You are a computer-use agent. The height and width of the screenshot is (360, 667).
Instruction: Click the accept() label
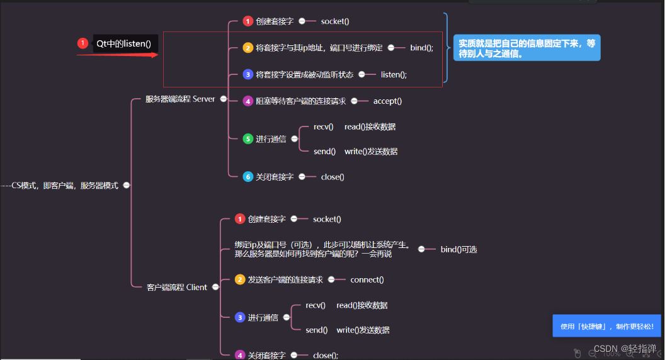pyautogui.click(x=387, y=101)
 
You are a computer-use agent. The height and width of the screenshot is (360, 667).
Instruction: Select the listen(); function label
pyautogui.click(x=394, y=74)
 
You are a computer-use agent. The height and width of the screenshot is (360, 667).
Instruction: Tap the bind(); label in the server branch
pyautogui.click(x=421, y=48)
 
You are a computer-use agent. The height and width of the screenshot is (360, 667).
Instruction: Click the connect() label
pyautogui.click(x=367, y=279)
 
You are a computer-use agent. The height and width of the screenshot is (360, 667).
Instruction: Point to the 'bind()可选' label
pyautogui.click(x=459, y=249)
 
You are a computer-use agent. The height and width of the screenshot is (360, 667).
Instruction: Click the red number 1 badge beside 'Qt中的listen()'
pyautogui.click(x=83, y=43)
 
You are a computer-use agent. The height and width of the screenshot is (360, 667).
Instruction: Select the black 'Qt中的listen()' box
pyautogui.click(x=124, y=43)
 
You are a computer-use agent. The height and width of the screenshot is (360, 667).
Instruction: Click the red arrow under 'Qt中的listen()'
pyautogui.click(x=117, y=55)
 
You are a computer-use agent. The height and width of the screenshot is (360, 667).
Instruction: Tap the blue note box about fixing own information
pyautogui.click(x=527, y=48)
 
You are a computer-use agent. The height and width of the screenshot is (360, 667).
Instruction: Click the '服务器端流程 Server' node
pyautogui.click(x=180, y=99)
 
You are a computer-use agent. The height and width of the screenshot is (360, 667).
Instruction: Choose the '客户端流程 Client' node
pyautogui.click(x=177, y=287)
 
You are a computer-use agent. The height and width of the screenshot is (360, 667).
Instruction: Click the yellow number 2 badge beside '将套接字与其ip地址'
pyautogui.click(x=248, y=48)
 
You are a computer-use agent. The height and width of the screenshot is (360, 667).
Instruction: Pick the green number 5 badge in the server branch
pyautogui.click(x=248, y=139)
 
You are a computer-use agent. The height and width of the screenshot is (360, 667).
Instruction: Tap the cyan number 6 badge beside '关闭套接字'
pyautogui.click(x=248, y=177)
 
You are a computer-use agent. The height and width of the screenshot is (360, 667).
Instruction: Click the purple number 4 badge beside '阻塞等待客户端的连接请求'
pyautogui.click(x=248, y=101)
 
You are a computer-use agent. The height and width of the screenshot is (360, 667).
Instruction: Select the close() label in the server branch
pyautogui.click(x=333, y=177)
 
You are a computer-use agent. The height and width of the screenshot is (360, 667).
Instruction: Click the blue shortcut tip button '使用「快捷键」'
pyautogui.click(x=607, y=326)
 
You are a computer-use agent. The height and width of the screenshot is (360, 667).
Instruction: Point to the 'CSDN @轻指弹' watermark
pyautogui.click(x=625, y=349)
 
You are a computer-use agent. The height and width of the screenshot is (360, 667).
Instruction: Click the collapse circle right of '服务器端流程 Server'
pyautogui.click(x=223, y=99)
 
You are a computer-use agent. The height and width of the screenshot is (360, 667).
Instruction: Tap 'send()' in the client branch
pyautogui.click(x=316, y=330)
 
